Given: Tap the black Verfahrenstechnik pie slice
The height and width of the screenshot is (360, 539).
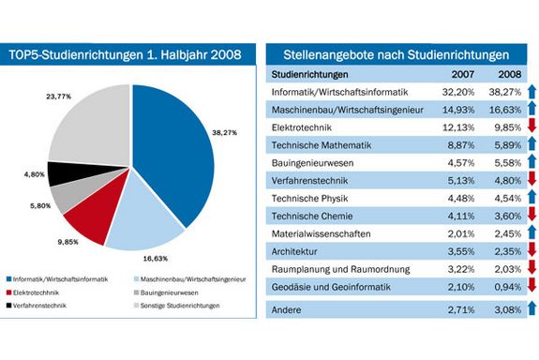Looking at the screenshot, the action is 65,174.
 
